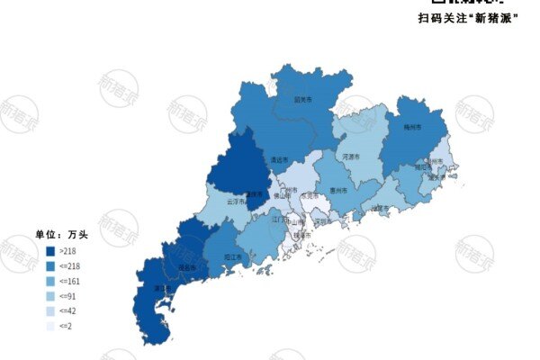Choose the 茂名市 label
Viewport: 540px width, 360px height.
187,268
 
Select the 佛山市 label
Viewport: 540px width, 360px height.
283,197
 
